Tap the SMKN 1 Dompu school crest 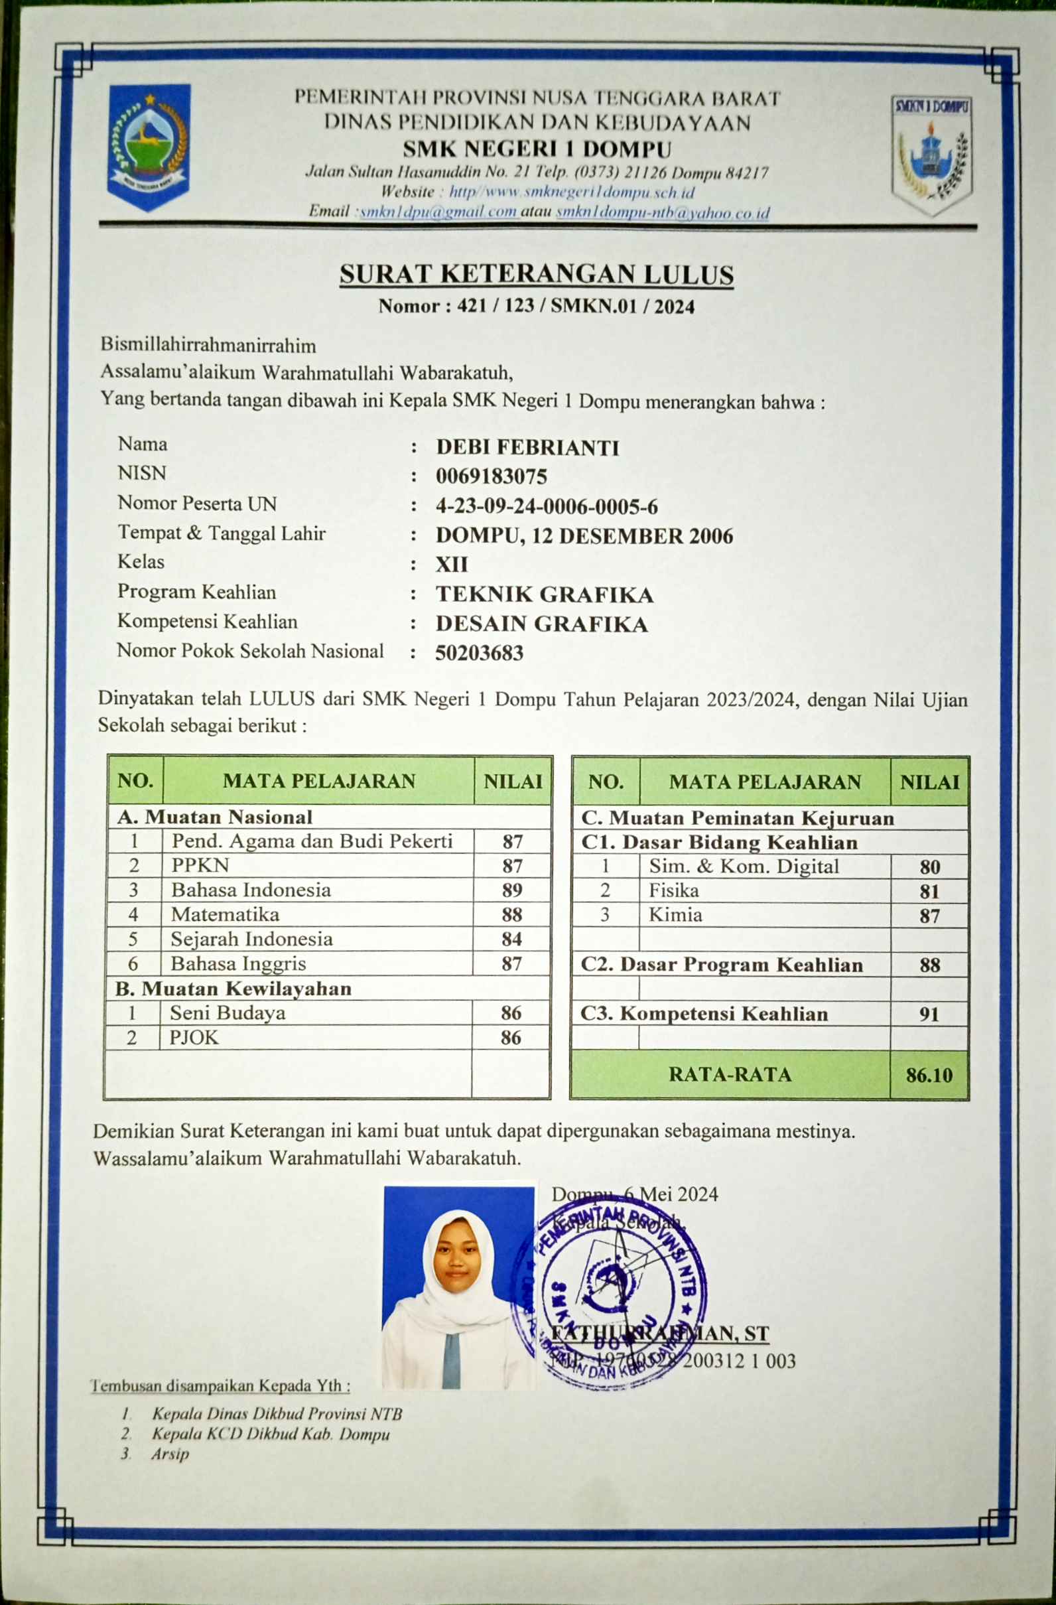[x=932, y=155]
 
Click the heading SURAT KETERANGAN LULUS [x=536, y=275]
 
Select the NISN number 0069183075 [x=491, y=477]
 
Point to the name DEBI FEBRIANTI [x=527, y=447]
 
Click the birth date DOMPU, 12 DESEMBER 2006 [x=584, y=536]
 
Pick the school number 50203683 [x=479, y=653]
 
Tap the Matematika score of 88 [x=512, y=914]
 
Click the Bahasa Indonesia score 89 [x=512, y=890]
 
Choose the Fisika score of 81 [x=929, y=892]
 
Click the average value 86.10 [x=929, y=1075]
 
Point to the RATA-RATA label [x=730, y=1074]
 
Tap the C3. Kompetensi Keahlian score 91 [x=929, y=1014]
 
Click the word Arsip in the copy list [x=170, y=1453]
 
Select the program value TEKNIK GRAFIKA [x=544, y=594]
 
